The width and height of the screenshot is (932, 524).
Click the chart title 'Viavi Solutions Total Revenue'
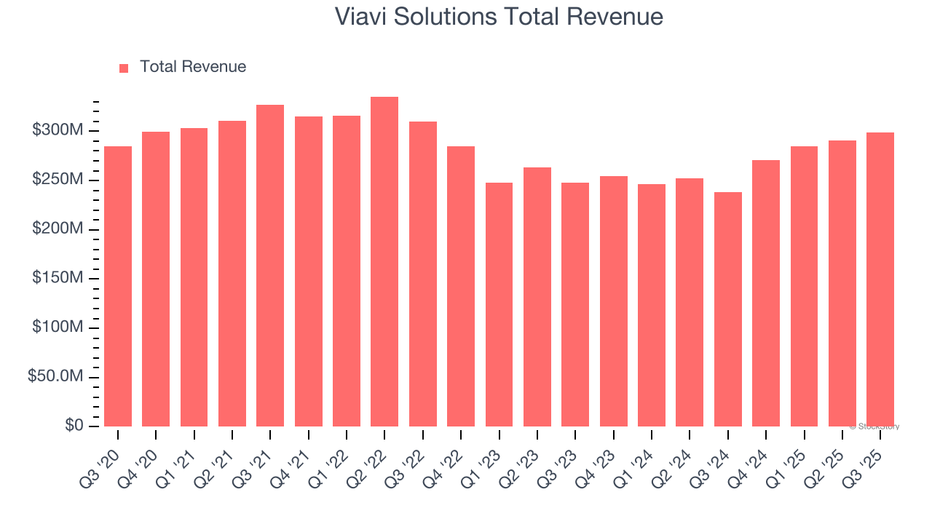click(499, 17)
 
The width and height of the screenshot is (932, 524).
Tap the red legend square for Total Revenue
click(124, 68)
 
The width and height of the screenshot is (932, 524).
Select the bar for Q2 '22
click(384, 262)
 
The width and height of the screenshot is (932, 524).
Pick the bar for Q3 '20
click(118, 286)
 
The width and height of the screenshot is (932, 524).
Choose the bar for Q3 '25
click(880, 279)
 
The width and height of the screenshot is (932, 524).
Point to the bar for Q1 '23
click(499, 304)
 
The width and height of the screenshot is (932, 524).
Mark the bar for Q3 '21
click(270, 266)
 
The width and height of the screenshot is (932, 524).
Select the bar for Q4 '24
click(766, 293)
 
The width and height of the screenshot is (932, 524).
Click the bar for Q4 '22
click(461, 286)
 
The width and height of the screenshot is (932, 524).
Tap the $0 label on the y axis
click(73, 426)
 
